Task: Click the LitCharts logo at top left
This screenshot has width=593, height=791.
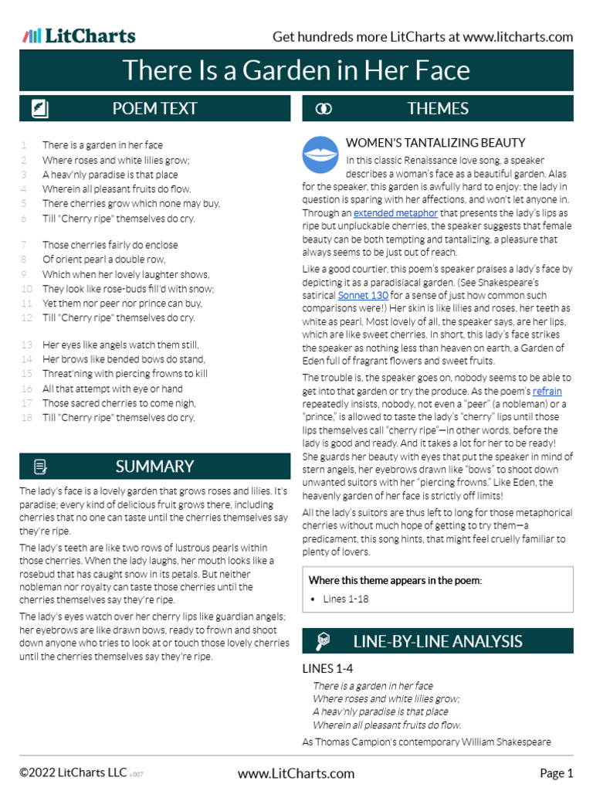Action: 79,36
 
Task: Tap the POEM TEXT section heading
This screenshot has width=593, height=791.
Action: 154,109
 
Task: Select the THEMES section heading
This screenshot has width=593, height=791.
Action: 438,109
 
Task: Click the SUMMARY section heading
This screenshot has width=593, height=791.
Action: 154,467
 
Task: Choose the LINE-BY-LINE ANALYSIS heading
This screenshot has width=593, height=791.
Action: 438,641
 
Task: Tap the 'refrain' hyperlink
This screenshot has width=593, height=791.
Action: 547,391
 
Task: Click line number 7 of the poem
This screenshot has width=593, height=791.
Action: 24,245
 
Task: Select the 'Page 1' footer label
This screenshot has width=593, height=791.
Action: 556,773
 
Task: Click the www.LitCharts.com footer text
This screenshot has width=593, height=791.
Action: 296,773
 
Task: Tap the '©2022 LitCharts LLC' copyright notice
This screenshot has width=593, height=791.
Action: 73,773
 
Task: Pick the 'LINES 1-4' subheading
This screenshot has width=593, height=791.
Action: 327,668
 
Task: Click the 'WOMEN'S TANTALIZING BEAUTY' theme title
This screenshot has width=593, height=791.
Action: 435,142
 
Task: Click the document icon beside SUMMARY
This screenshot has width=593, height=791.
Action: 41,467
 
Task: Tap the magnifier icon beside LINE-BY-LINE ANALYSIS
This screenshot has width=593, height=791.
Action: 324,641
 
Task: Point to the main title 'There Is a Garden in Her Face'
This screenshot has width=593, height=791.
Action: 296,70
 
